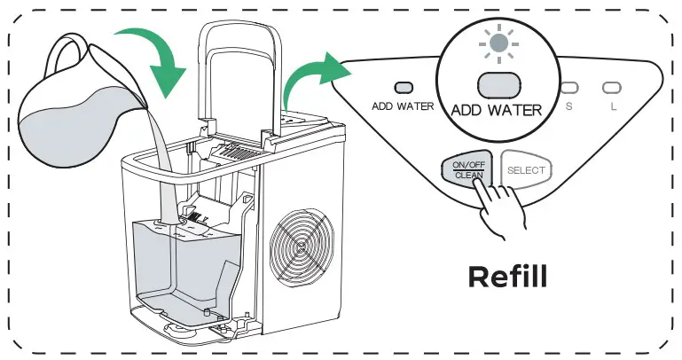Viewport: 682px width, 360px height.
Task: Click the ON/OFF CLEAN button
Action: click(466, 169)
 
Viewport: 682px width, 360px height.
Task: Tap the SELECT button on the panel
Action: click(527, 169)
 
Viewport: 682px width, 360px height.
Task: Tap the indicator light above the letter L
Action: click(611, 88)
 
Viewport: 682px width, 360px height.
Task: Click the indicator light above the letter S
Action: click(568, 88)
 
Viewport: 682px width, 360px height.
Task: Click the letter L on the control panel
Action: click(611, 106)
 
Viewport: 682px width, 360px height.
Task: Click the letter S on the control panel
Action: click(568, 106)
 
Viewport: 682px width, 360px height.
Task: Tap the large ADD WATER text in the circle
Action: click(497, 111)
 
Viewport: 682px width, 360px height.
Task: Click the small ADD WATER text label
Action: click(403, 106)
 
